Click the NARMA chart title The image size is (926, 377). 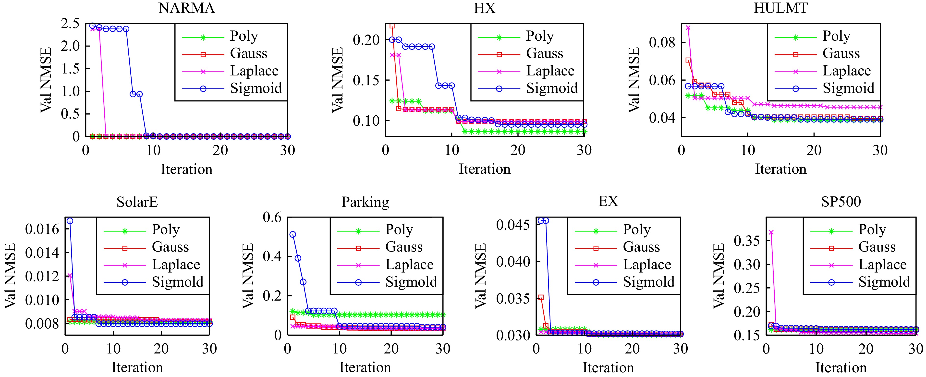[x=187, y=8]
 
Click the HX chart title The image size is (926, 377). [x=484, y=8]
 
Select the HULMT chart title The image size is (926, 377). [x=780, y=8]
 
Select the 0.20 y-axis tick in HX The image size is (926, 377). [x=366, y=40]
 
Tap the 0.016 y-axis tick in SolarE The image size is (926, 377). [x=42, y=229]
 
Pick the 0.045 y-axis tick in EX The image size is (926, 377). [x=513, y=225]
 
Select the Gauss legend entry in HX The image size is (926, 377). [x=545, y=54]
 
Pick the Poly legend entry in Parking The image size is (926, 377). [x=399, y=230]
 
